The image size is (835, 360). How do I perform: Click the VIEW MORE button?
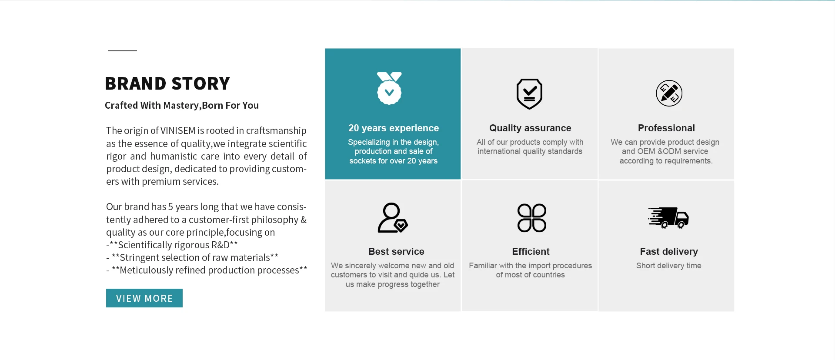coord(144,298)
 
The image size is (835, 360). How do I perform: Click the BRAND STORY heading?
coord(167,83)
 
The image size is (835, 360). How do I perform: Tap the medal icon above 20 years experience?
coord(389,88)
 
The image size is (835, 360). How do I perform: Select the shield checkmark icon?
coord(529,94)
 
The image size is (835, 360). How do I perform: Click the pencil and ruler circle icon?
coord(669,93)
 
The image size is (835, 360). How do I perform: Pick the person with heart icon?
coord(393,217)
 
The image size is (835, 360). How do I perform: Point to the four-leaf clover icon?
coord(531,218)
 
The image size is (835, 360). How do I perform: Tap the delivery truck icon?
coord(668,217)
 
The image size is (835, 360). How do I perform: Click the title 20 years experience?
coord(394,128)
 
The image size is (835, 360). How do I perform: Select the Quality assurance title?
coord(530,128)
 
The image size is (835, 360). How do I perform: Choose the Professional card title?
coord(666,128)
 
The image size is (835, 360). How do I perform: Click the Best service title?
coord(396,252)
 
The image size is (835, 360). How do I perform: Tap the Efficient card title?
coord(531,252)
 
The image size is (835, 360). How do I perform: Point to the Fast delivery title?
coord(669,252)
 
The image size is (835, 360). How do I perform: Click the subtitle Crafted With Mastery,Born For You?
coord(182,105)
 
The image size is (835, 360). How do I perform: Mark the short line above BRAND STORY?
coord(122,51)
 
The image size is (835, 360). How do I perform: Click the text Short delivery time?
coord(669,266)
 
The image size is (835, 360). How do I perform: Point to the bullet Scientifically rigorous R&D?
coord(172,245)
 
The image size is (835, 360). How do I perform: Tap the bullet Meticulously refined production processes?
coord(207,270)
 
